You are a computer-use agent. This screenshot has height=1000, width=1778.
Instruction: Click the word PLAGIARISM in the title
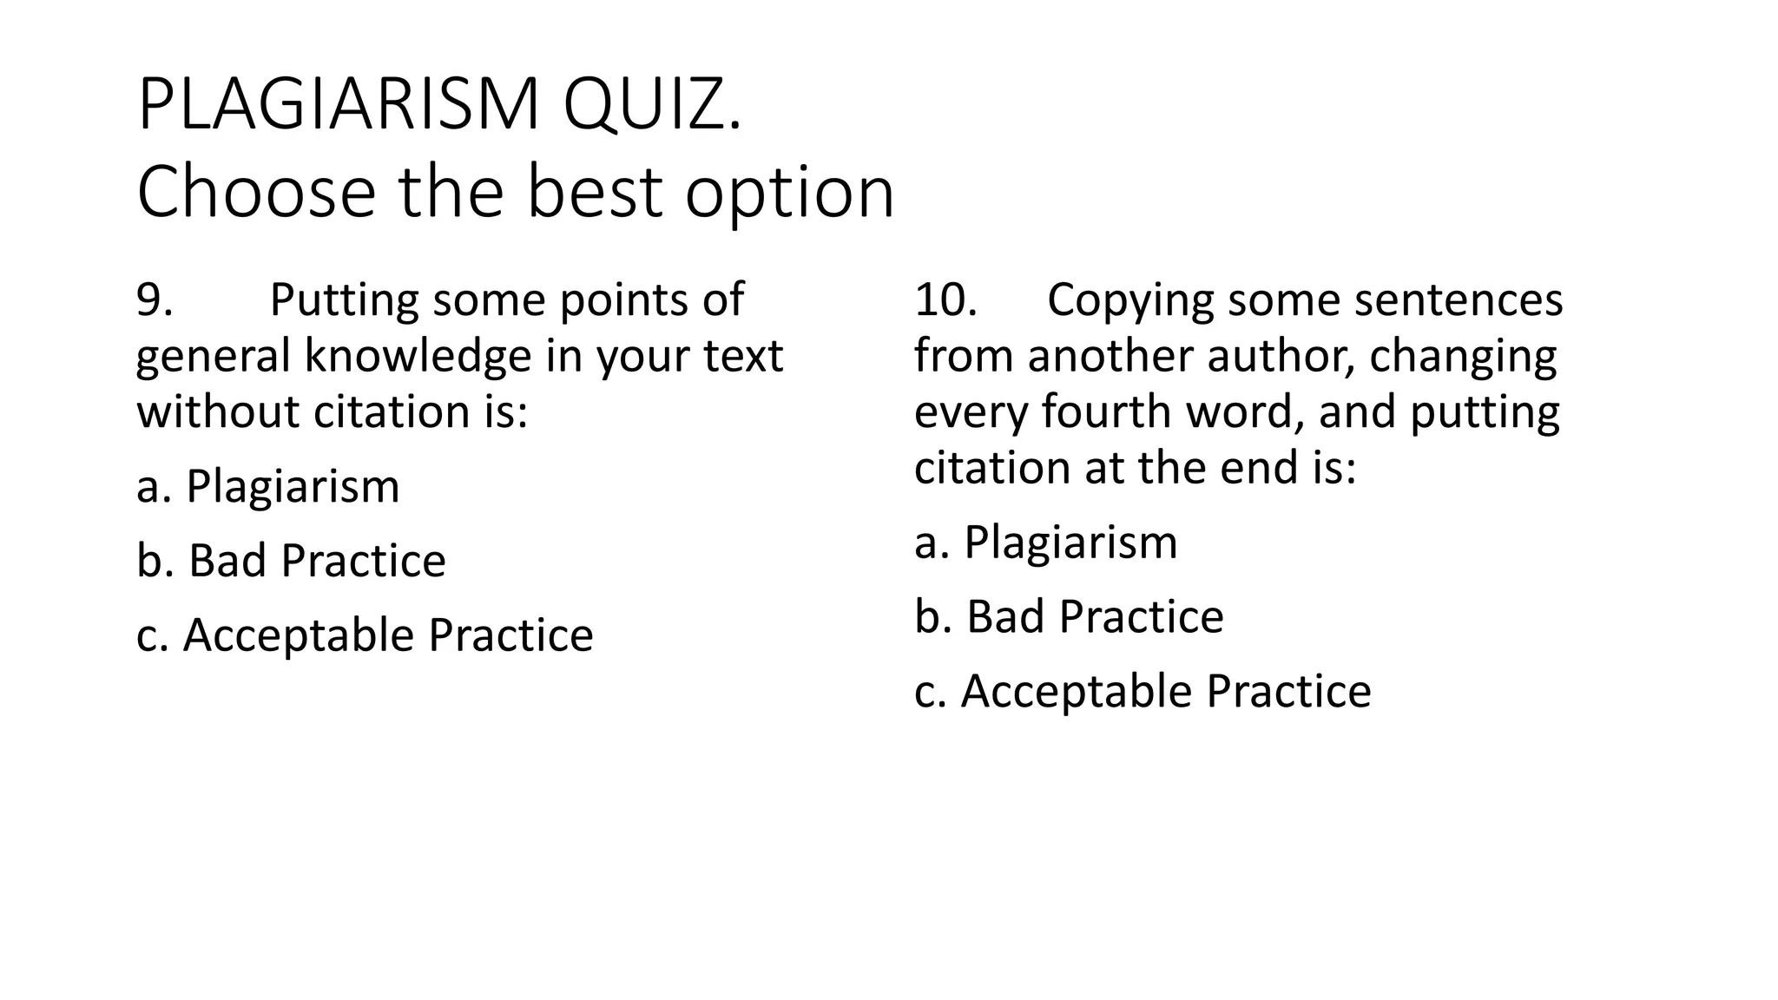tap(339, 104)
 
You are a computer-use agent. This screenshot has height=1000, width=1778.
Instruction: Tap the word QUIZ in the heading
tap(651, 104)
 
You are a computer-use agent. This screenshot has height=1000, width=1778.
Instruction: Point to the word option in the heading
tap(789, 193)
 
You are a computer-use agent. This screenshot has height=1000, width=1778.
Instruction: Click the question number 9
tap(154, 299)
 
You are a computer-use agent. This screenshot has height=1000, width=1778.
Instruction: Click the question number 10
tap(945, 299)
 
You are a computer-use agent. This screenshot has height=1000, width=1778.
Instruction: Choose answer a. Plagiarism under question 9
tap(267, 486)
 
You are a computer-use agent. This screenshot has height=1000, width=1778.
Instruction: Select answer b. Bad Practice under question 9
tap(291, 561)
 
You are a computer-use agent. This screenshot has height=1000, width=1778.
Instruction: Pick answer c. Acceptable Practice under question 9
tap(365, 635)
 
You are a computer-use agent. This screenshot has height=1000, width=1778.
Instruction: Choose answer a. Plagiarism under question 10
tap(1045, 543)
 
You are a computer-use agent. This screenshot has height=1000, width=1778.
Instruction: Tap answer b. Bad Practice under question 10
tap(1069, 616)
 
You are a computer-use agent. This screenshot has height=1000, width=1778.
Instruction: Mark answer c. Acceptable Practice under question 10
tap(1143, 691)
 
